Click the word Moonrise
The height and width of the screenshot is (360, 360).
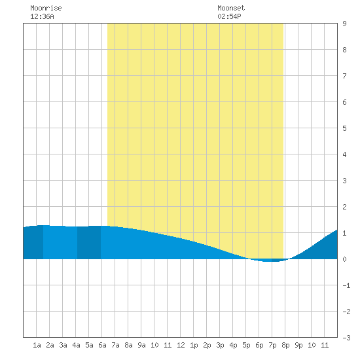pyautogui.click(x=46, y=8)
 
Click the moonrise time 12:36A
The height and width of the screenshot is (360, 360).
pyautogui.click(x=42, y=16)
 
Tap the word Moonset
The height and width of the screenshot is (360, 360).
pyautogui.click(x=231, y=8)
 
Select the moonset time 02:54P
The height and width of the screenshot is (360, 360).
pyautogui.click(x=229, y=16)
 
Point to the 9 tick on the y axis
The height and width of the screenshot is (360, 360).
pyautogui.click(x=344, y=24)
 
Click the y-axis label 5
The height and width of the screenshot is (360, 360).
pyautogui.click(x=344, y=128)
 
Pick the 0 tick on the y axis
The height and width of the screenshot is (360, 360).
pyautogui.click(x=344, y=259)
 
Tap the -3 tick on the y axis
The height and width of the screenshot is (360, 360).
pyautogui.click(x=346, y=338)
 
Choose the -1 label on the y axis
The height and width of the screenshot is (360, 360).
pyautogui.click(x=346, y=285)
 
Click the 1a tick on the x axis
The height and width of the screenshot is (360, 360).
pyautogui.click(x=37, y=345)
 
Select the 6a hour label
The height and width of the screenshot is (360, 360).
pyautogui.click(x=102, y=345)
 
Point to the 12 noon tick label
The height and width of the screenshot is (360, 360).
pyautogui.click(x=181, y=345)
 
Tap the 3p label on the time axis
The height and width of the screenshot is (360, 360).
pyautogui.click(x=220, y=345)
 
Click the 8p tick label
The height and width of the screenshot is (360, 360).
pyautogui.click(x=285, y=345)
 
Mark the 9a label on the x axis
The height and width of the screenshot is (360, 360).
pyautogui.click(x=141, y=345)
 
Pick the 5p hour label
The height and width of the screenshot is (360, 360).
pyautogui.click(x=246, y=345)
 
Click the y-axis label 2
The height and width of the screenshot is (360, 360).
pyautogui.click(x=344, y=207)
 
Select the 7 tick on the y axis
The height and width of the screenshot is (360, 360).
pyautogui.click(x=344, y=76)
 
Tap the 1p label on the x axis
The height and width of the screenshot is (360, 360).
pyautogui.click(x=194, y=345)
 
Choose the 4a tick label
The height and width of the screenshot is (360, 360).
pyautogui.click(x=76, y=345)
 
